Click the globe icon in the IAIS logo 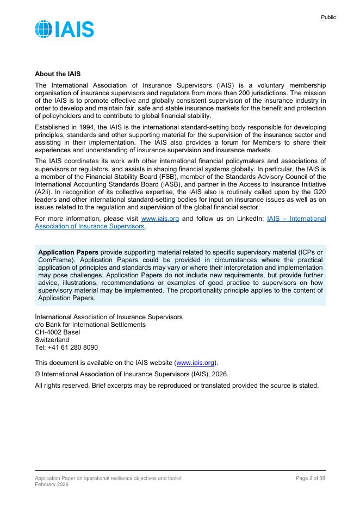tap(44, 29)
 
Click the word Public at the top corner tap(328, 17)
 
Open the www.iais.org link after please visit tap(160, 219)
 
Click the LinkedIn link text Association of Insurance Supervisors tap(90, 226)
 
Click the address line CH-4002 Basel tap(57, 332)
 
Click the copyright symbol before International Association tap(38, 374)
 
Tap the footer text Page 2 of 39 tap(310, 478)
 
